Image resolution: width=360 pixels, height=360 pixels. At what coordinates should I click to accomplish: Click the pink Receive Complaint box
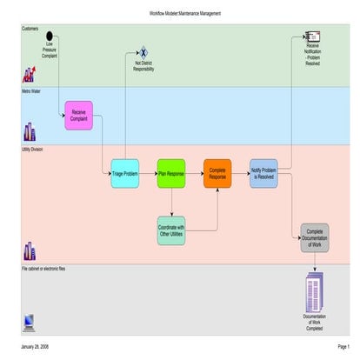tap(78, 115)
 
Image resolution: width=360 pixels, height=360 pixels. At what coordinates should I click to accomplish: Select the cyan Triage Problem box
tap(125, 173)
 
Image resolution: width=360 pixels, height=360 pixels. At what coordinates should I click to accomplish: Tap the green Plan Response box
tap(171, 173)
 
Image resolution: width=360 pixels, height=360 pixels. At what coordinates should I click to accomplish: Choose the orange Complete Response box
tap(218, 173)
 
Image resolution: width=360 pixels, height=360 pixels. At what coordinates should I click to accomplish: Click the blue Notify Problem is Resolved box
tap(263, 173)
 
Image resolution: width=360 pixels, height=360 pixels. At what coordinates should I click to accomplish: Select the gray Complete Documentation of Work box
tap(315, 237)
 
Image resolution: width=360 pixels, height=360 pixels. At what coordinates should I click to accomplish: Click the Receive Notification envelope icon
tap(312, 36)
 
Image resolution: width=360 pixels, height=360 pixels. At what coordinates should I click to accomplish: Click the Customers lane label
tap(30, 28)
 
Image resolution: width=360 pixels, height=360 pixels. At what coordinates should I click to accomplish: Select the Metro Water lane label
tap(32, 90)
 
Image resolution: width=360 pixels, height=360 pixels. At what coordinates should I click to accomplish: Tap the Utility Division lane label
tap(34, 150)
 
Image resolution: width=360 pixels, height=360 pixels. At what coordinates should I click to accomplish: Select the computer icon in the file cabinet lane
tap(29, 321)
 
